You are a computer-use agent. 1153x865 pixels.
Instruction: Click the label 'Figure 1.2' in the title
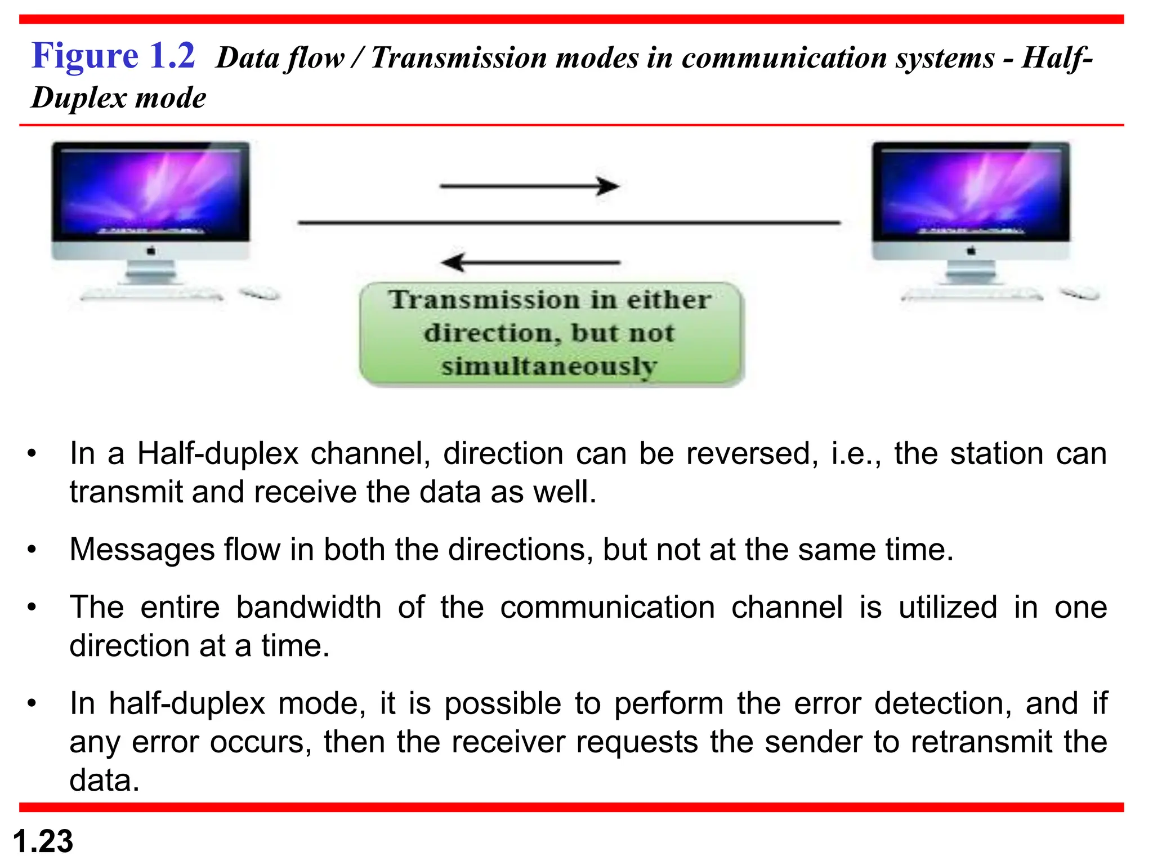click(x=113, y=56)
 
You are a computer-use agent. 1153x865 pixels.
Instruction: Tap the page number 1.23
click(x=43, y=841)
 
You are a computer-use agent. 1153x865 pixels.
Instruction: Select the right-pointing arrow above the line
click(x=529, y=186)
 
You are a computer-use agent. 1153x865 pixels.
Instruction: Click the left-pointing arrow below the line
click(x=529, y=262)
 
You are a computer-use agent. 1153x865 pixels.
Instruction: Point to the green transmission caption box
click(x=551, y=334)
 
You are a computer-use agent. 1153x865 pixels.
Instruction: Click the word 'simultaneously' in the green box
click(x=549, y=367)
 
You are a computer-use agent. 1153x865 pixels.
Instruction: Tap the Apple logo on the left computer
click(x=151, y=251)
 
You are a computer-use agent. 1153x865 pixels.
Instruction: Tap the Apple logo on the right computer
click(x=971, y=251)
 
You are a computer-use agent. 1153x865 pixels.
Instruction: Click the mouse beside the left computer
click(x=260, y=293)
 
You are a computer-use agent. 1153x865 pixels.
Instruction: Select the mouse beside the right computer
click(x=1080, y=293)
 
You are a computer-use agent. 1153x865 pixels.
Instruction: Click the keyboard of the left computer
click(x=151, y=295)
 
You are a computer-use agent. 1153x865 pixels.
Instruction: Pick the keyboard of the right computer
click(x=972, y=295)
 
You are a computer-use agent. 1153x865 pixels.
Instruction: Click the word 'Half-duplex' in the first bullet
click(x=218, y=454)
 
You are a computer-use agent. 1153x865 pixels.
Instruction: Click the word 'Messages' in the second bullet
click(x=142, y=550)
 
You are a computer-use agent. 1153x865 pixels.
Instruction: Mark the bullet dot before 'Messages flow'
click(x=32, y=550)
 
